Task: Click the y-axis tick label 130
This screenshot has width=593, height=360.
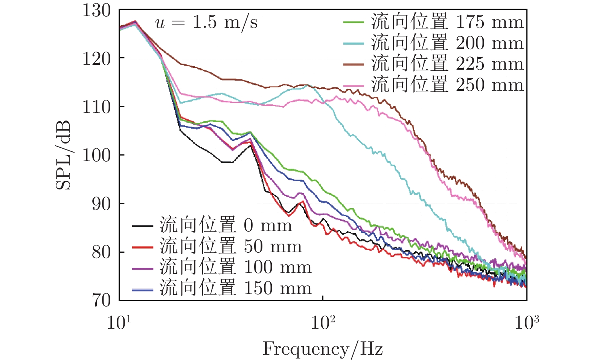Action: tap(97, 11)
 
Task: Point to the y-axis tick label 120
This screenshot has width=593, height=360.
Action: tap(97, 58)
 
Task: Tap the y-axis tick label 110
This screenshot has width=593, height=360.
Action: tap(97, 107)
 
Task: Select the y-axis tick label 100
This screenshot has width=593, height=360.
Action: tap(97, 155)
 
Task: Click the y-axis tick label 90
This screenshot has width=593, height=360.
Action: tap(102, 204)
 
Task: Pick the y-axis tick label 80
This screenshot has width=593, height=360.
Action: tap(102, 252)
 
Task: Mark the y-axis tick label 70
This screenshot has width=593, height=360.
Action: tap(102, 300)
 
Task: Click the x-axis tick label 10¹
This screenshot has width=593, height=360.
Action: tap(119, 322)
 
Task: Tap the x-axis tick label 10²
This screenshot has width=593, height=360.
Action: tap(323, 322)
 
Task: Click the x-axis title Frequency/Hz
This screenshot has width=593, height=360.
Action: tap(323, 349)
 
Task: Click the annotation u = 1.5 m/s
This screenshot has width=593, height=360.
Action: tap(206, 23)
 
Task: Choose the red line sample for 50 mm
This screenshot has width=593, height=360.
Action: tap(142, 247)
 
